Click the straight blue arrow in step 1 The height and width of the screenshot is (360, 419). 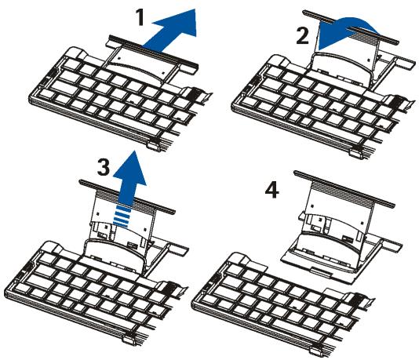(172, 31)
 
